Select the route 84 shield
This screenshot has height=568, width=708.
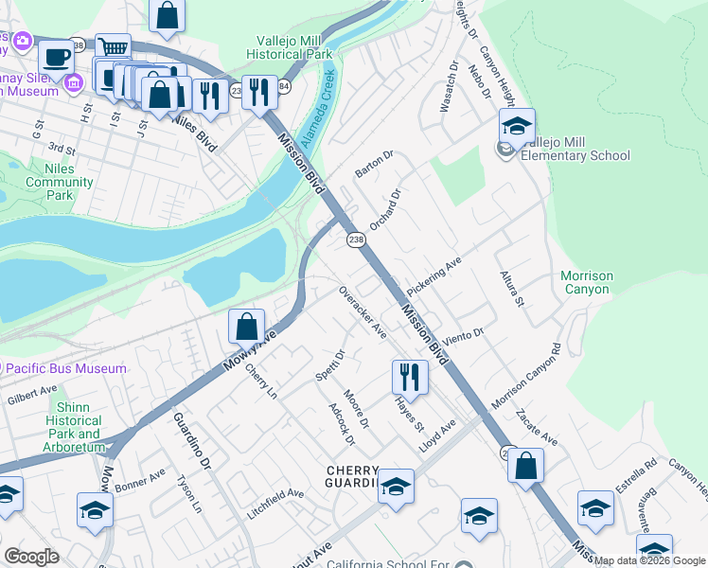pyautogui.click(x=284, y=86)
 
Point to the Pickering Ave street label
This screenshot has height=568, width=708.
pyautogui.click(x=433, y=275)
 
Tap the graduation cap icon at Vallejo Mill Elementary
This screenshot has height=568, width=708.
pyautogui.click(x=518, y=126)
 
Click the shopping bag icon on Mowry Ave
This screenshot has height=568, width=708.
pyautogui.click(x=246, y=327)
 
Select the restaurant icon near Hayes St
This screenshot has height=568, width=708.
pyautogui.click(x=410, y=377)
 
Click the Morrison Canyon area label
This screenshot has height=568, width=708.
pyautogui.click(x=586, y=282)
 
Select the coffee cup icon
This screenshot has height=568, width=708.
pyautogui.click(x=56, y=56)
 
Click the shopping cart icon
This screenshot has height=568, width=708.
pyautogui.click(x=113, y=47)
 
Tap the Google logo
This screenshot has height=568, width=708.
pyautogui.click(x=31, y=557)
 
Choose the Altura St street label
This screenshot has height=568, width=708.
pyautogui.click(x=511, y=289)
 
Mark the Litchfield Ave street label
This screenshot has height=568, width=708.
pyautogui.click(x=275, y=494)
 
